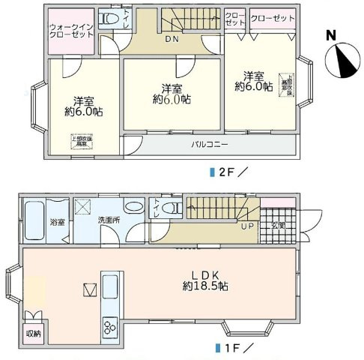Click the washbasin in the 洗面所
[134, 206]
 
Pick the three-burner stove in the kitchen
[109, 328]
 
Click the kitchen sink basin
[110, 287]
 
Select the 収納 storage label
[34, 334]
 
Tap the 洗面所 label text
[109, 221]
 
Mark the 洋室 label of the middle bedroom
[172, 87]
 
